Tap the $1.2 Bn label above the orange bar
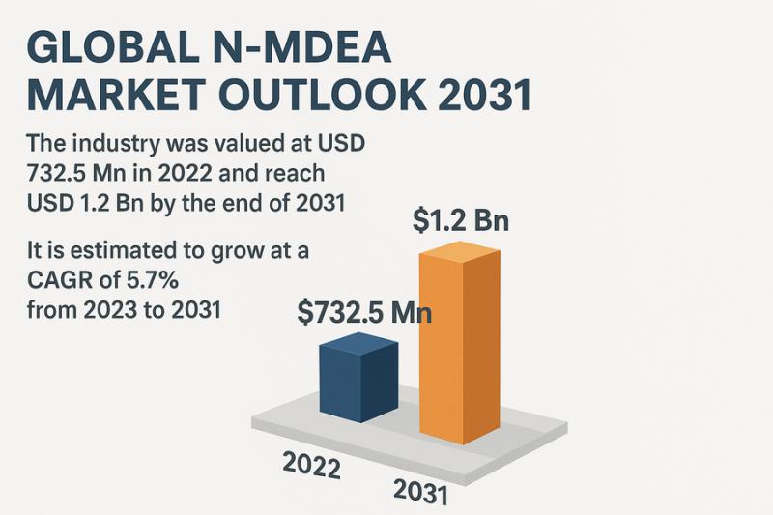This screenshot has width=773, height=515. click(x=460, y=219)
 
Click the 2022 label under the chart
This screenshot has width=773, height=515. click(x=311, y=466)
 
